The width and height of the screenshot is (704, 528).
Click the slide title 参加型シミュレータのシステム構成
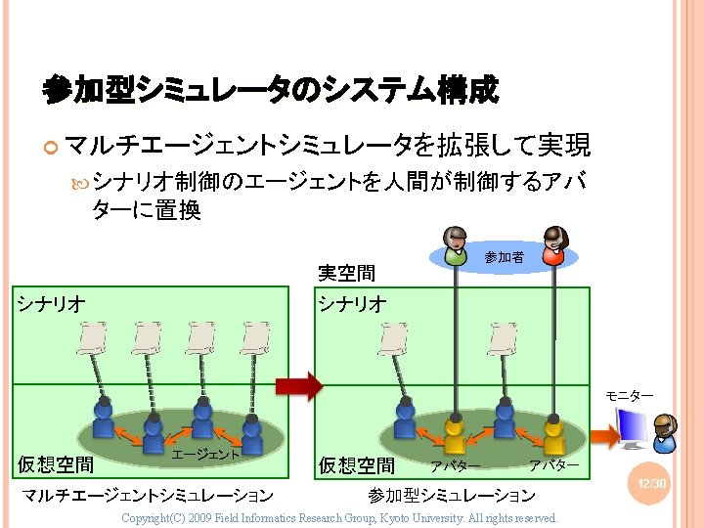click(271, 92)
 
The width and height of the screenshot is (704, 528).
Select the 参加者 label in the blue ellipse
click(504, 257)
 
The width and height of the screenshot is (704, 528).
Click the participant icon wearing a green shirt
click(456, 246)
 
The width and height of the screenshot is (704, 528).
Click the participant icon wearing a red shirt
click(553, 246)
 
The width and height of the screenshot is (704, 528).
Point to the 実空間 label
click(347, 272)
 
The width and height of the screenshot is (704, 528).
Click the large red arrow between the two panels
click(298, 385)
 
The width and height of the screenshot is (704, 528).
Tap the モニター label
click(629, 395)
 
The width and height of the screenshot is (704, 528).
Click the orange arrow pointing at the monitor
click(602, 436)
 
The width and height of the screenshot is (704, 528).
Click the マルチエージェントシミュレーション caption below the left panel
click(147, 497)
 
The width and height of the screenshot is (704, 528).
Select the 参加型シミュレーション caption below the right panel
click(451, 497)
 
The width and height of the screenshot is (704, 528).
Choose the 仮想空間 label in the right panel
click(357, 465)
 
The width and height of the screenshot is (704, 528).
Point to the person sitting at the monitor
click(665, 430)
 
